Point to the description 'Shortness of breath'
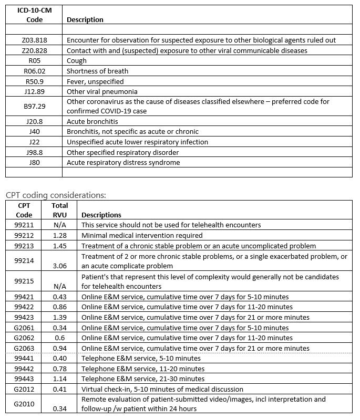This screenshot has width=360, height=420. (x=97, y=71)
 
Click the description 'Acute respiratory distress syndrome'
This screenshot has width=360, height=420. (x=123, y=162)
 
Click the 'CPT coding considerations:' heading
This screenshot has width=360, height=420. (x=56, y=195)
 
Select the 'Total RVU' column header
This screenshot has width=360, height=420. (x=60, y=210)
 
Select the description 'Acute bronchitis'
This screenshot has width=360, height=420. (x=92, y=121)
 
